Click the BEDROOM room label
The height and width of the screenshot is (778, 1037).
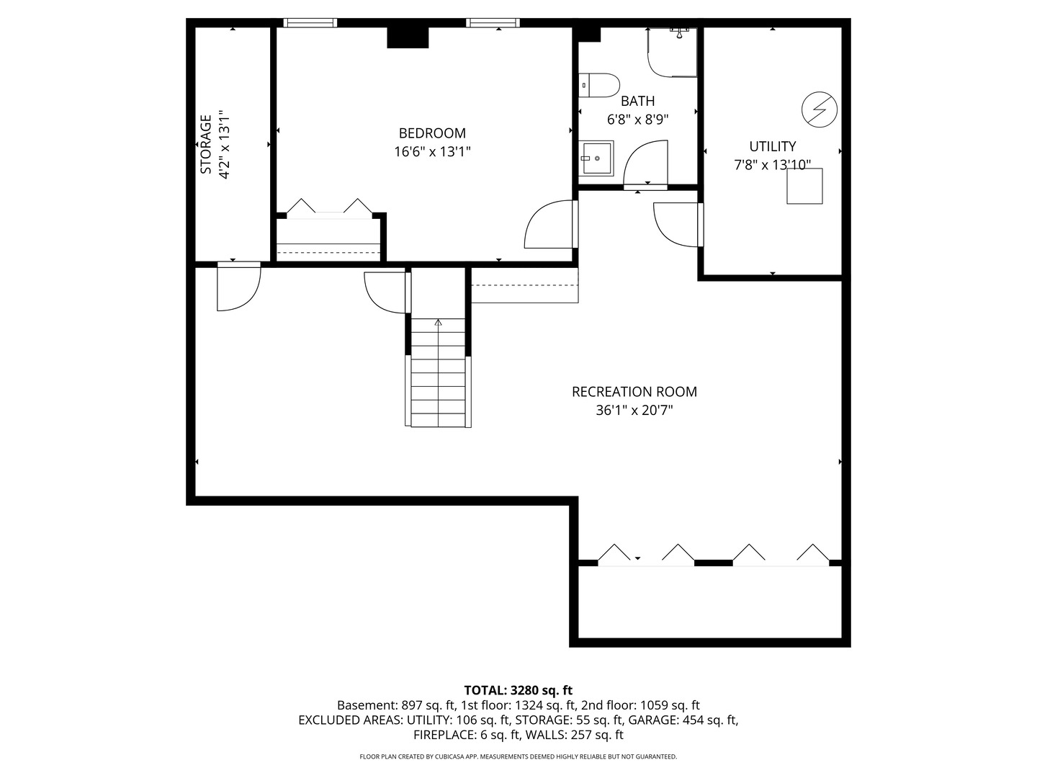point(432,133)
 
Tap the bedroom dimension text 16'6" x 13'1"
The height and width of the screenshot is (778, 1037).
point(432,152)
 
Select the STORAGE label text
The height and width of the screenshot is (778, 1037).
point(206,144)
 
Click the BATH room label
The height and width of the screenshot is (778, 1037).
point(637,101)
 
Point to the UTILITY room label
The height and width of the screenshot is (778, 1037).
point(772,146)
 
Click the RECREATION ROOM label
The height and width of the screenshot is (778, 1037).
point(634,392)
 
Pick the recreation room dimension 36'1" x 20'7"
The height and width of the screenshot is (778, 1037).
point(634,411)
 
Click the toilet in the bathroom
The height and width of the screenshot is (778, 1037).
point(600,85)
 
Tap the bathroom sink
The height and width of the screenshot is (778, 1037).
point(596,158)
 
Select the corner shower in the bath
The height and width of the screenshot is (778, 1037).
point(673,52)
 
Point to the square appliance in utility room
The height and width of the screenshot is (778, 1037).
point(804,187)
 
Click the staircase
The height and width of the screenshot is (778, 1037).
point(439,375)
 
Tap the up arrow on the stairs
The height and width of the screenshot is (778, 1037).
point(439,323)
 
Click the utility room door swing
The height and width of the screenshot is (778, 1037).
point(677,225)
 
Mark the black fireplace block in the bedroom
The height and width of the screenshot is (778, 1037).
point(408,37)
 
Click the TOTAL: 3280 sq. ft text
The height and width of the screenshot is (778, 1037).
point(518,690)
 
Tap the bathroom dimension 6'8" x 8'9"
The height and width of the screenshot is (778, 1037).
point(637,120)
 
